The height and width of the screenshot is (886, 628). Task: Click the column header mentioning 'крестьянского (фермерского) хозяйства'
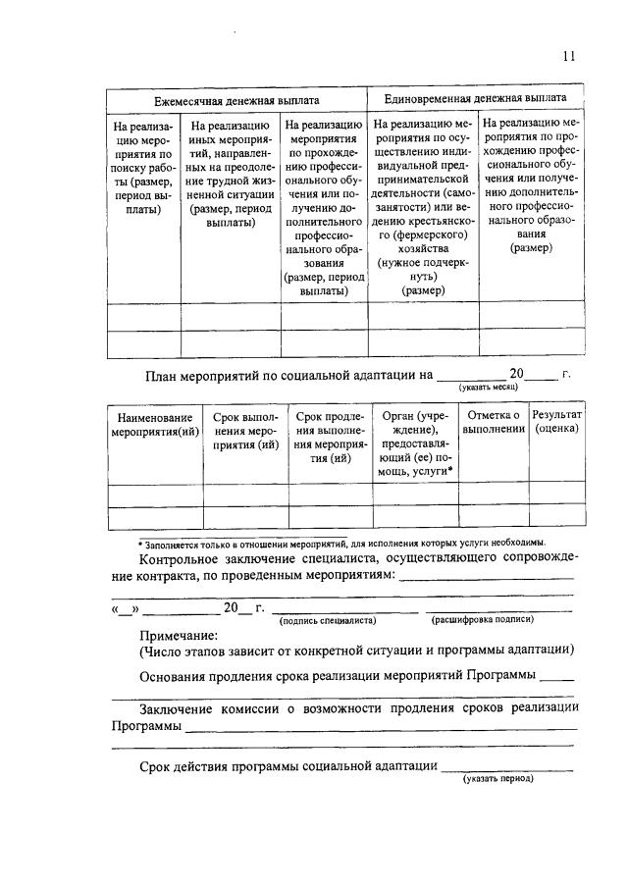[423, 207]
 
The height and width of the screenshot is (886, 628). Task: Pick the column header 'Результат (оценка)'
[556, 423]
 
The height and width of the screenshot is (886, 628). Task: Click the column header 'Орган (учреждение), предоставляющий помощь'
[415, 443]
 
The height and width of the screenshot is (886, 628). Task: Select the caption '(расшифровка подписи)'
[482, 620]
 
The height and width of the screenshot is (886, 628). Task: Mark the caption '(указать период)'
[498, 779]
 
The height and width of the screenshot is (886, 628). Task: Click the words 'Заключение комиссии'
[203, 708]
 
